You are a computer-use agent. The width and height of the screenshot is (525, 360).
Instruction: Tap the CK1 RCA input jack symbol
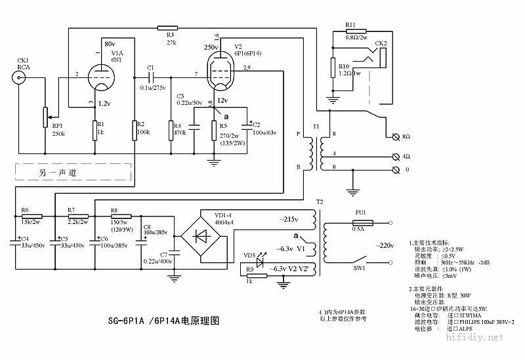click(x=20, y=79)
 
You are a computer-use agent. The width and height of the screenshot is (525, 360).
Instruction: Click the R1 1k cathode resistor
click(x=98, y=130)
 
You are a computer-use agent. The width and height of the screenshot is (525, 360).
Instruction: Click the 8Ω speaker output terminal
click(x=395, y=136)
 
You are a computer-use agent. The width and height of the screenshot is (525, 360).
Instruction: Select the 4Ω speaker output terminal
click(x=395, y=156)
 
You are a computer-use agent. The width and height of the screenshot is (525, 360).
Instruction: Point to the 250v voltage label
click(x=211, y=48)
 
